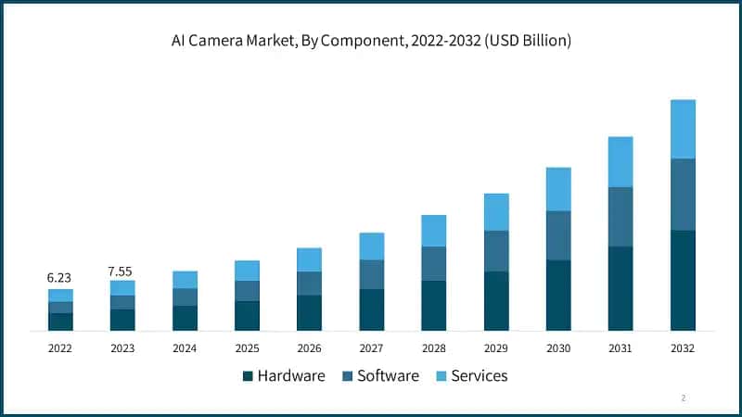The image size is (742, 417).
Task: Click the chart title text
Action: [x=371, y=41]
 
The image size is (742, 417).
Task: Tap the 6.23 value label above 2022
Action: [x=60, y=277]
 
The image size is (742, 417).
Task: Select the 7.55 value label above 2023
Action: [x=122, y=270]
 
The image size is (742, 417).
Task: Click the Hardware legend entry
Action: [x=283, y=375]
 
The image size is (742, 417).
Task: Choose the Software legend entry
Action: [x=380, y=375]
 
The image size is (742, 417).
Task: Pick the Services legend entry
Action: [x=471, y=375]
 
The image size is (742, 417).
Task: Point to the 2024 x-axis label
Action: [x=185, y=348]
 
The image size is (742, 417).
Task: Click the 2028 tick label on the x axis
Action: [x=433, y=348]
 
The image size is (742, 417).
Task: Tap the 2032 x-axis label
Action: [x=682, y=348]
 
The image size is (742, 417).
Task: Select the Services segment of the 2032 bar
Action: [x=683, y=129]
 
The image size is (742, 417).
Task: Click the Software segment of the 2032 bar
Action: [x=683, y=194]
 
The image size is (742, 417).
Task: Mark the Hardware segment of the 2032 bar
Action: [x=683, y=280]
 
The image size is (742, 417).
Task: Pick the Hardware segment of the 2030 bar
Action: [x=558, y=295]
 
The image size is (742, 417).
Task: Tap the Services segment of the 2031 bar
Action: [x=620, y=161]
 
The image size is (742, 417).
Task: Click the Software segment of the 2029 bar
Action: [x=496, y=250]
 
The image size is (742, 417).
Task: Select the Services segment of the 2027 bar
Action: [x=372, y=246]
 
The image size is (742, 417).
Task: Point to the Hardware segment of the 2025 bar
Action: [x=247, y=315]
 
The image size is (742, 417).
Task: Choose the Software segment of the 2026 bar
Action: [x=309, y=283]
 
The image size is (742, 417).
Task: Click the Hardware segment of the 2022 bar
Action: [x=60, y=322]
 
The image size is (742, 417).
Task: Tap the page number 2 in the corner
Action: [x=684, y=398]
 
